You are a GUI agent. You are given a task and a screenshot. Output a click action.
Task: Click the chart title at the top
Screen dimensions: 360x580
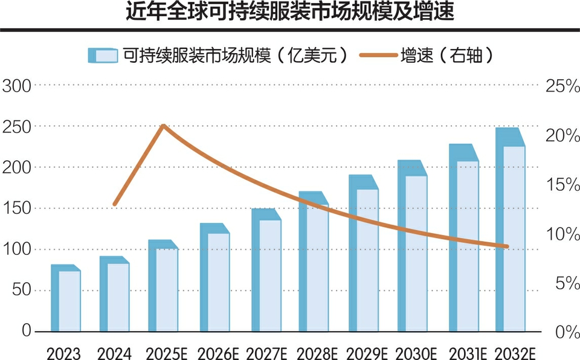click(289, 13)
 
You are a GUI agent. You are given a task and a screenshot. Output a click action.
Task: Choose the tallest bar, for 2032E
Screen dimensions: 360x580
click(511, 233)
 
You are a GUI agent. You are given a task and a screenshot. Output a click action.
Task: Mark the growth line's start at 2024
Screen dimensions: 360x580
click(115, 204)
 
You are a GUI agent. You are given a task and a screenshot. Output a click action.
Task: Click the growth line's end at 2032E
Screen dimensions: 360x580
click(507, 246)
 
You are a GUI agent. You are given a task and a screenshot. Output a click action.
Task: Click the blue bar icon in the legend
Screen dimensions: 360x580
click(102, 55)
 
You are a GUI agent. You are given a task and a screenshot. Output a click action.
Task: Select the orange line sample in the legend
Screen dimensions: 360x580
click(378, 55)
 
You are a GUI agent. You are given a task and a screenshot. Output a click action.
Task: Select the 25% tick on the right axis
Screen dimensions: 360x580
click(562, 86)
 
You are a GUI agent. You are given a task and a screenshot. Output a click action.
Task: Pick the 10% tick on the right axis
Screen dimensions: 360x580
click(562, 234)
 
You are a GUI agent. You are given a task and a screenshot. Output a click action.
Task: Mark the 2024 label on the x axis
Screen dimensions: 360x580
click(114, 352)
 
